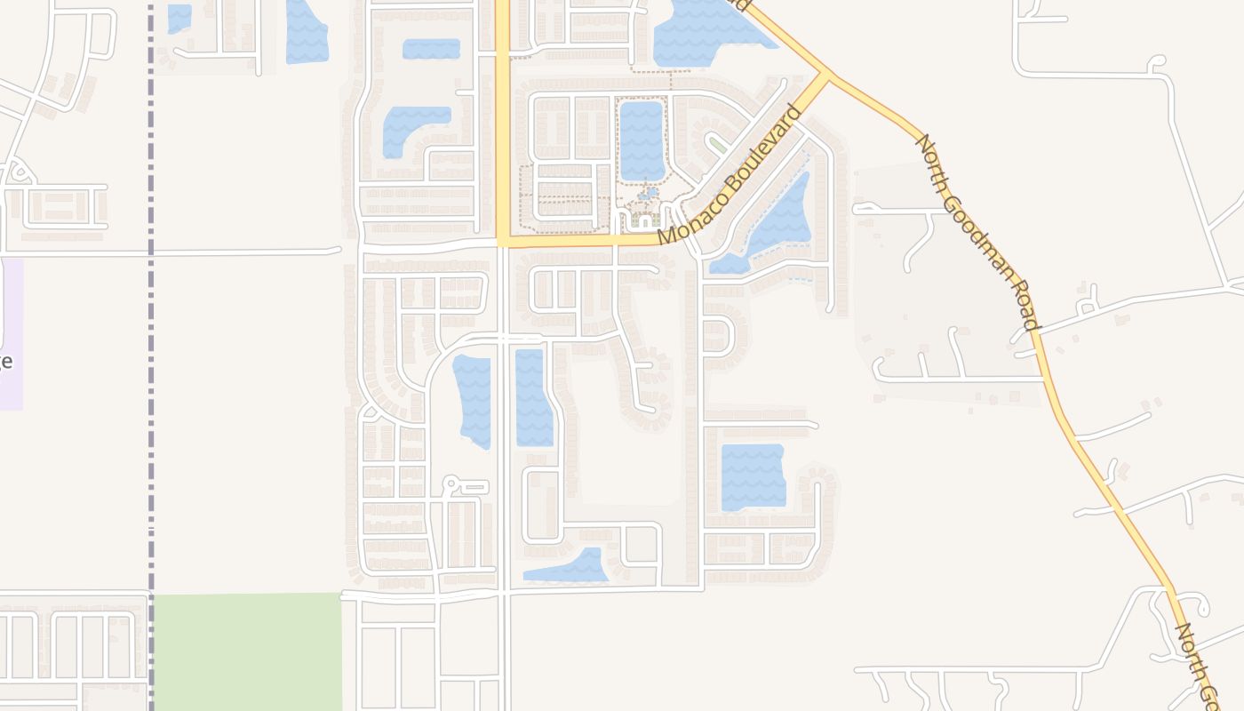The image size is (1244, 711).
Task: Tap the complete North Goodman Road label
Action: [977, 232]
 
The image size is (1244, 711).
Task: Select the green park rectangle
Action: [247, 651]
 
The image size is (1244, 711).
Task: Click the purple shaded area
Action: [12, 333]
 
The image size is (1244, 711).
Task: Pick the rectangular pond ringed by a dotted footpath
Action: [642, 140]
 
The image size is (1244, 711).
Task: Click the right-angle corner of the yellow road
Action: [503, 241]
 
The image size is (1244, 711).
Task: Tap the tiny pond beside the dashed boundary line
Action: [179, 17]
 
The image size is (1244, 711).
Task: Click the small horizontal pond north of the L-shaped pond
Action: [431, 49]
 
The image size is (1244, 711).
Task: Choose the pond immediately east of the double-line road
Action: [533, 397]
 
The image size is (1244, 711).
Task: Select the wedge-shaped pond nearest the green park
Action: [569, 567]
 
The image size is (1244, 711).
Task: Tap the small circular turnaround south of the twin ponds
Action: [451, 484]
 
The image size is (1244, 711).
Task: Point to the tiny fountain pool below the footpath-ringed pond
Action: [649, 192]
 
